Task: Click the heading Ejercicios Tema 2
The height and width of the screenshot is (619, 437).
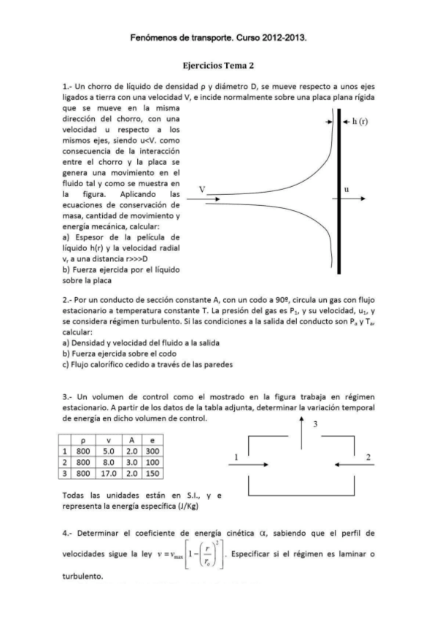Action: [x=217, y=64]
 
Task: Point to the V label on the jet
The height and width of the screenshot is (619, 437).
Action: [x=203, y=188]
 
